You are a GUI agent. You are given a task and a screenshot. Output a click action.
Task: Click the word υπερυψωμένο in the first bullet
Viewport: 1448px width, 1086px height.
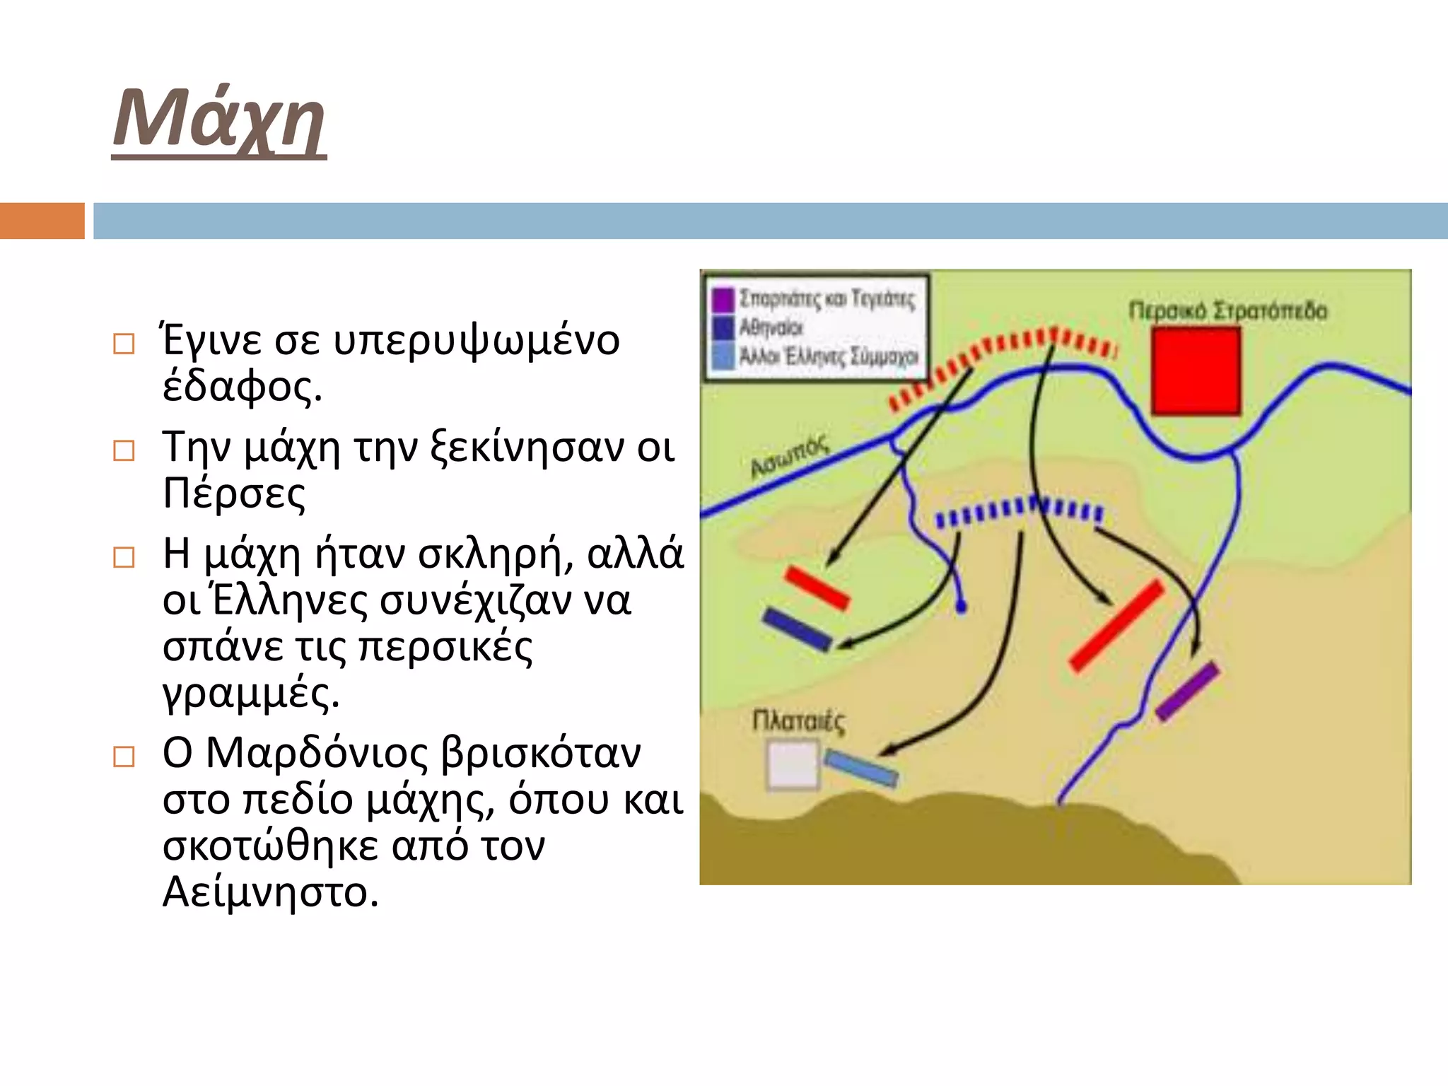coord(476,341)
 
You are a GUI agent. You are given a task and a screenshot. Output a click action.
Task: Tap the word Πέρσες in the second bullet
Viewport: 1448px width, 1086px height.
coord(234,494)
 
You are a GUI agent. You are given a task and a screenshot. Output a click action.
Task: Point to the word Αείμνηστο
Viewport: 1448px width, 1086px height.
coord(270,892)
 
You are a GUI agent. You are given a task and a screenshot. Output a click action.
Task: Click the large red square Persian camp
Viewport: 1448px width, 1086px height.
coord(1196,371)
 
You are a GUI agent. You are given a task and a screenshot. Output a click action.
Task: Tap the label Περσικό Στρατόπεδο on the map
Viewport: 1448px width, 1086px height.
coord(1227,311)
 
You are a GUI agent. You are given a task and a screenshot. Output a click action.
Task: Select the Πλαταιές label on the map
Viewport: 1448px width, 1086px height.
coord(798,722)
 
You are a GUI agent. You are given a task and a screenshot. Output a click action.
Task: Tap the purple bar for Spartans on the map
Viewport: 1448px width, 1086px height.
coord(1189,691)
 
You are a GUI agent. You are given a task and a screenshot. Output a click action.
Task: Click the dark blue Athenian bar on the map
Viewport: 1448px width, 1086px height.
coord(797,629)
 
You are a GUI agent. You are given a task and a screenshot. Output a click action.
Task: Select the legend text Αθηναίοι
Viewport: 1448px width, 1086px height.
coord(771,328)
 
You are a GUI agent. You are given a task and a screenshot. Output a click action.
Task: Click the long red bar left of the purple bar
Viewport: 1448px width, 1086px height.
coord(1116,626)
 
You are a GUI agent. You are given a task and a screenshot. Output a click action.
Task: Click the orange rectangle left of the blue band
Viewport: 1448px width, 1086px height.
coord(42,221)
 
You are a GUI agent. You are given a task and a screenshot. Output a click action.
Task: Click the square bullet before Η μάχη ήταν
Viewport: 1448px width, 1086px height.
coord(124,557)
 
